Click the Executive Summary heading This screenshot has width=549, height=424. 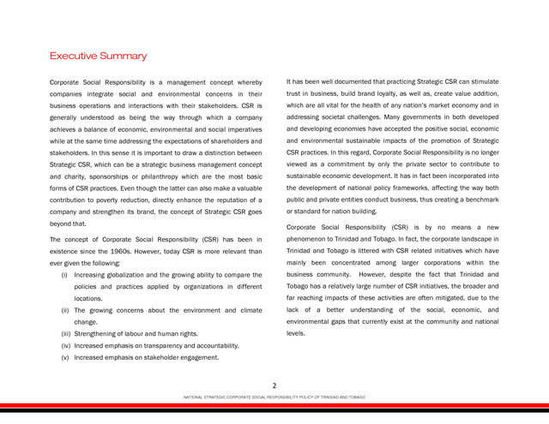coord(98,56)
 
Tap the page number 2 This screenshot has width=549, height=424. coord(274,386)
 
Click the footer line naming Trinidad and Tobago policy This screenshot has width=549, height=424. coord(274,397)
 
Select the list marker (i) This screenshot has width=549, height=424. coord(65,274)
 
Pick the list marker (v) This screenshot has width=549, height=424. coord(66,357)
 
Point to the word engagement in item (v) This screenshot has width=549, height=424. coord(195,357)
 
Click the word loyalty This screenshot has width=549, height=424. coord(407,93)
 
